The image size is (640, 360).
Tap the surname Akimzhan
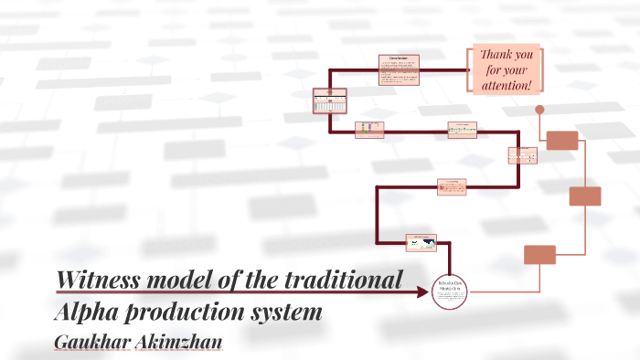point(180,340)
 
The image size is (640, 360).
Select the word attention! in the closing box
point(507,85)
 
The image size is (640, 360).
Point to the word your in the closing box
point(516,69)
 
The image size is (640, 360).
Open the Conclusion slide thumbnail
point(399,70)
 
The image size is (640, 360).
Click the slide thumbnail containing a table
point(329,101)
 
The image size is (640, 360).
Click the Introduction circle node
point(449,291)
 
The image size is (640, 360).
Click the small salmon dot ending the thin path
point(539,110)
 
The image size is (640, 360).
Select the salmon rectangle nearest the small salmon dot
point(562,141)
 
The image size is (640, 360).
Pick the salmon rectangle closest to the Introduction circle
point(539,255)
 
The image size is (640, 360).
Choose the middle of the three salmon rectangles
point(585,196)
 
